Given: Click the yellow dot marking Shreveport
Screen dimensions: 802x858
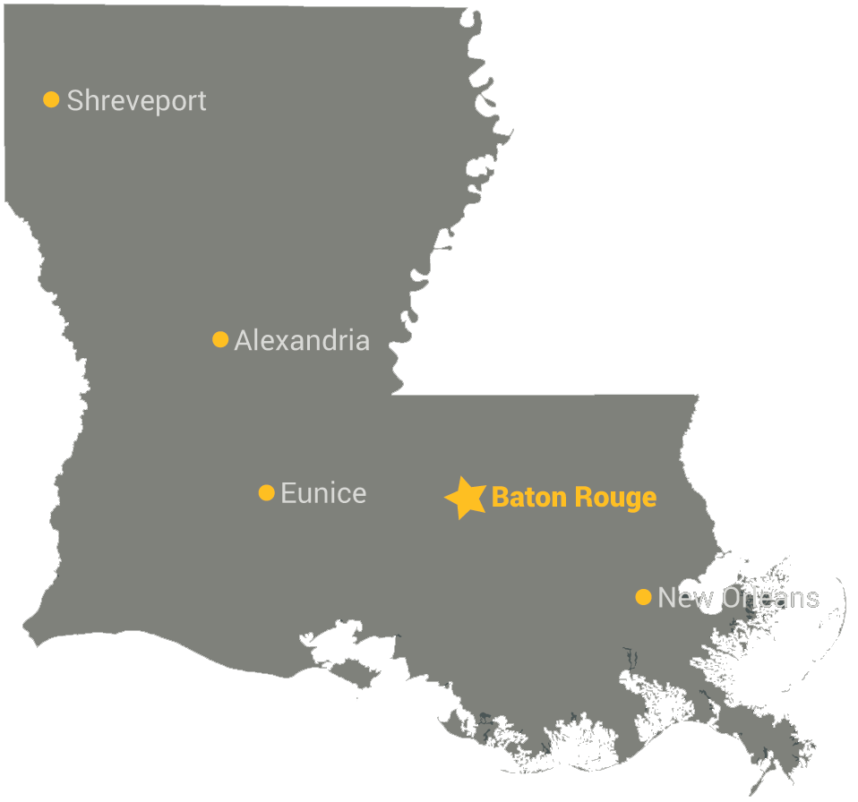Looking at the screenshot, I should click(x=51, y=99).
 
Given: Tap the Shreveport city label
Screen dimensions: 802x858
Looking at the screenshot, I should click(x=136, y=101).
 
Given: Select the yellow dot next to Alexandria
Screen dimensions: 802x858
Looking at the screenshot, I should click(x=220, y=339).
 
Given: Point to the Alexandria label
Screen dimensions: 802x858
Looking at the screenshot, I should click(x=302, y=341).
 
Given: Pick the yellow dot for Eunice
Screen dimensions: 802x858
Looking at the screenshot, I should click(x=266, y=492).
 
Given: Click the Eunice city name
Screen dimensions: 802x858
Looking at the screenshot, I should click(x=323, y=493).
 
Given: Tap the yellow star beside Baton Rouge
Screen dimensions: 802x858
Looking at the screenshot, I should click(x=466, y=498).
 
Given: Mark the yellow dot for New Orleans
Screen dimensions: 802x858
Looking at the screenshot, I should click(x=643, y=597).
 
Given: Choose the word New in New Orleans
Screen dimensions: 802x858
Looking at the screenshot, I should click(x=684, y=598).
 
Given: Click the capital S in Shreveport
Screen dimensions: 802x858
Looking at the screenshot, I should click(x=75, y=100).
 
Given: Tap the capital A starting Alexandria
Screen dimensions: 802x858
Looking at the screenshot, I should click(x=243, y=341).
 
